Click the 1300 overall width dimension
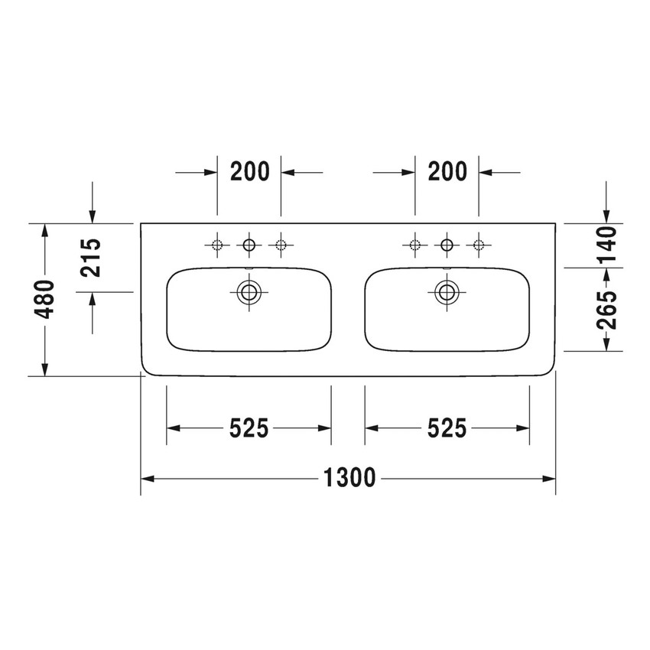349,479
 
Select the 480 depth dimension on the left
45,300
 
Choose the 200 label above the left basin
250,172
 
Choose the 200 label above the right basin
447,172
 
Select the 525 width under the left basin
249,429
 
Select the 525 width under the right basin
447,429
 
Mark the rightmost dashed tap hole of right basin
479,245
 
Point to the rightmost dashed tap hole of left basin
281,245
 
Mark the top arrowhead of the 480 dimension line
45,230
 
